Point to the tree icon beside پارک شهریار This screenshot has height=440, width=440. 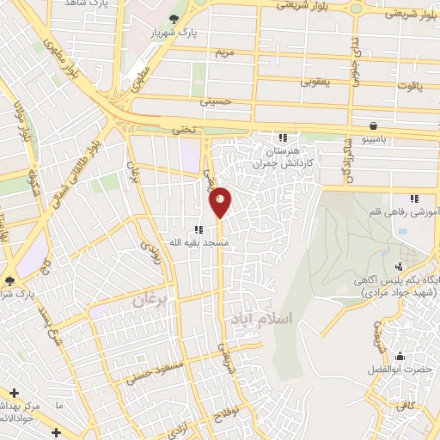[x=175, y=19]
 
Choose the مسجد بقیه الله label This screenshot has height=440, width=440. [x=199, y=243]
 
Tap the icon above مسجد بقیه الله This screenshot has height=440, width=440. [x=199, y=229]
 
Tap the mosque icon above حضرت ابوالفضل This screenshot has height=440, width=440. [x=399, y=356]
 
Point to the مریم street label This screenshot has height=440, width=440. [x=224, y=52]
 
